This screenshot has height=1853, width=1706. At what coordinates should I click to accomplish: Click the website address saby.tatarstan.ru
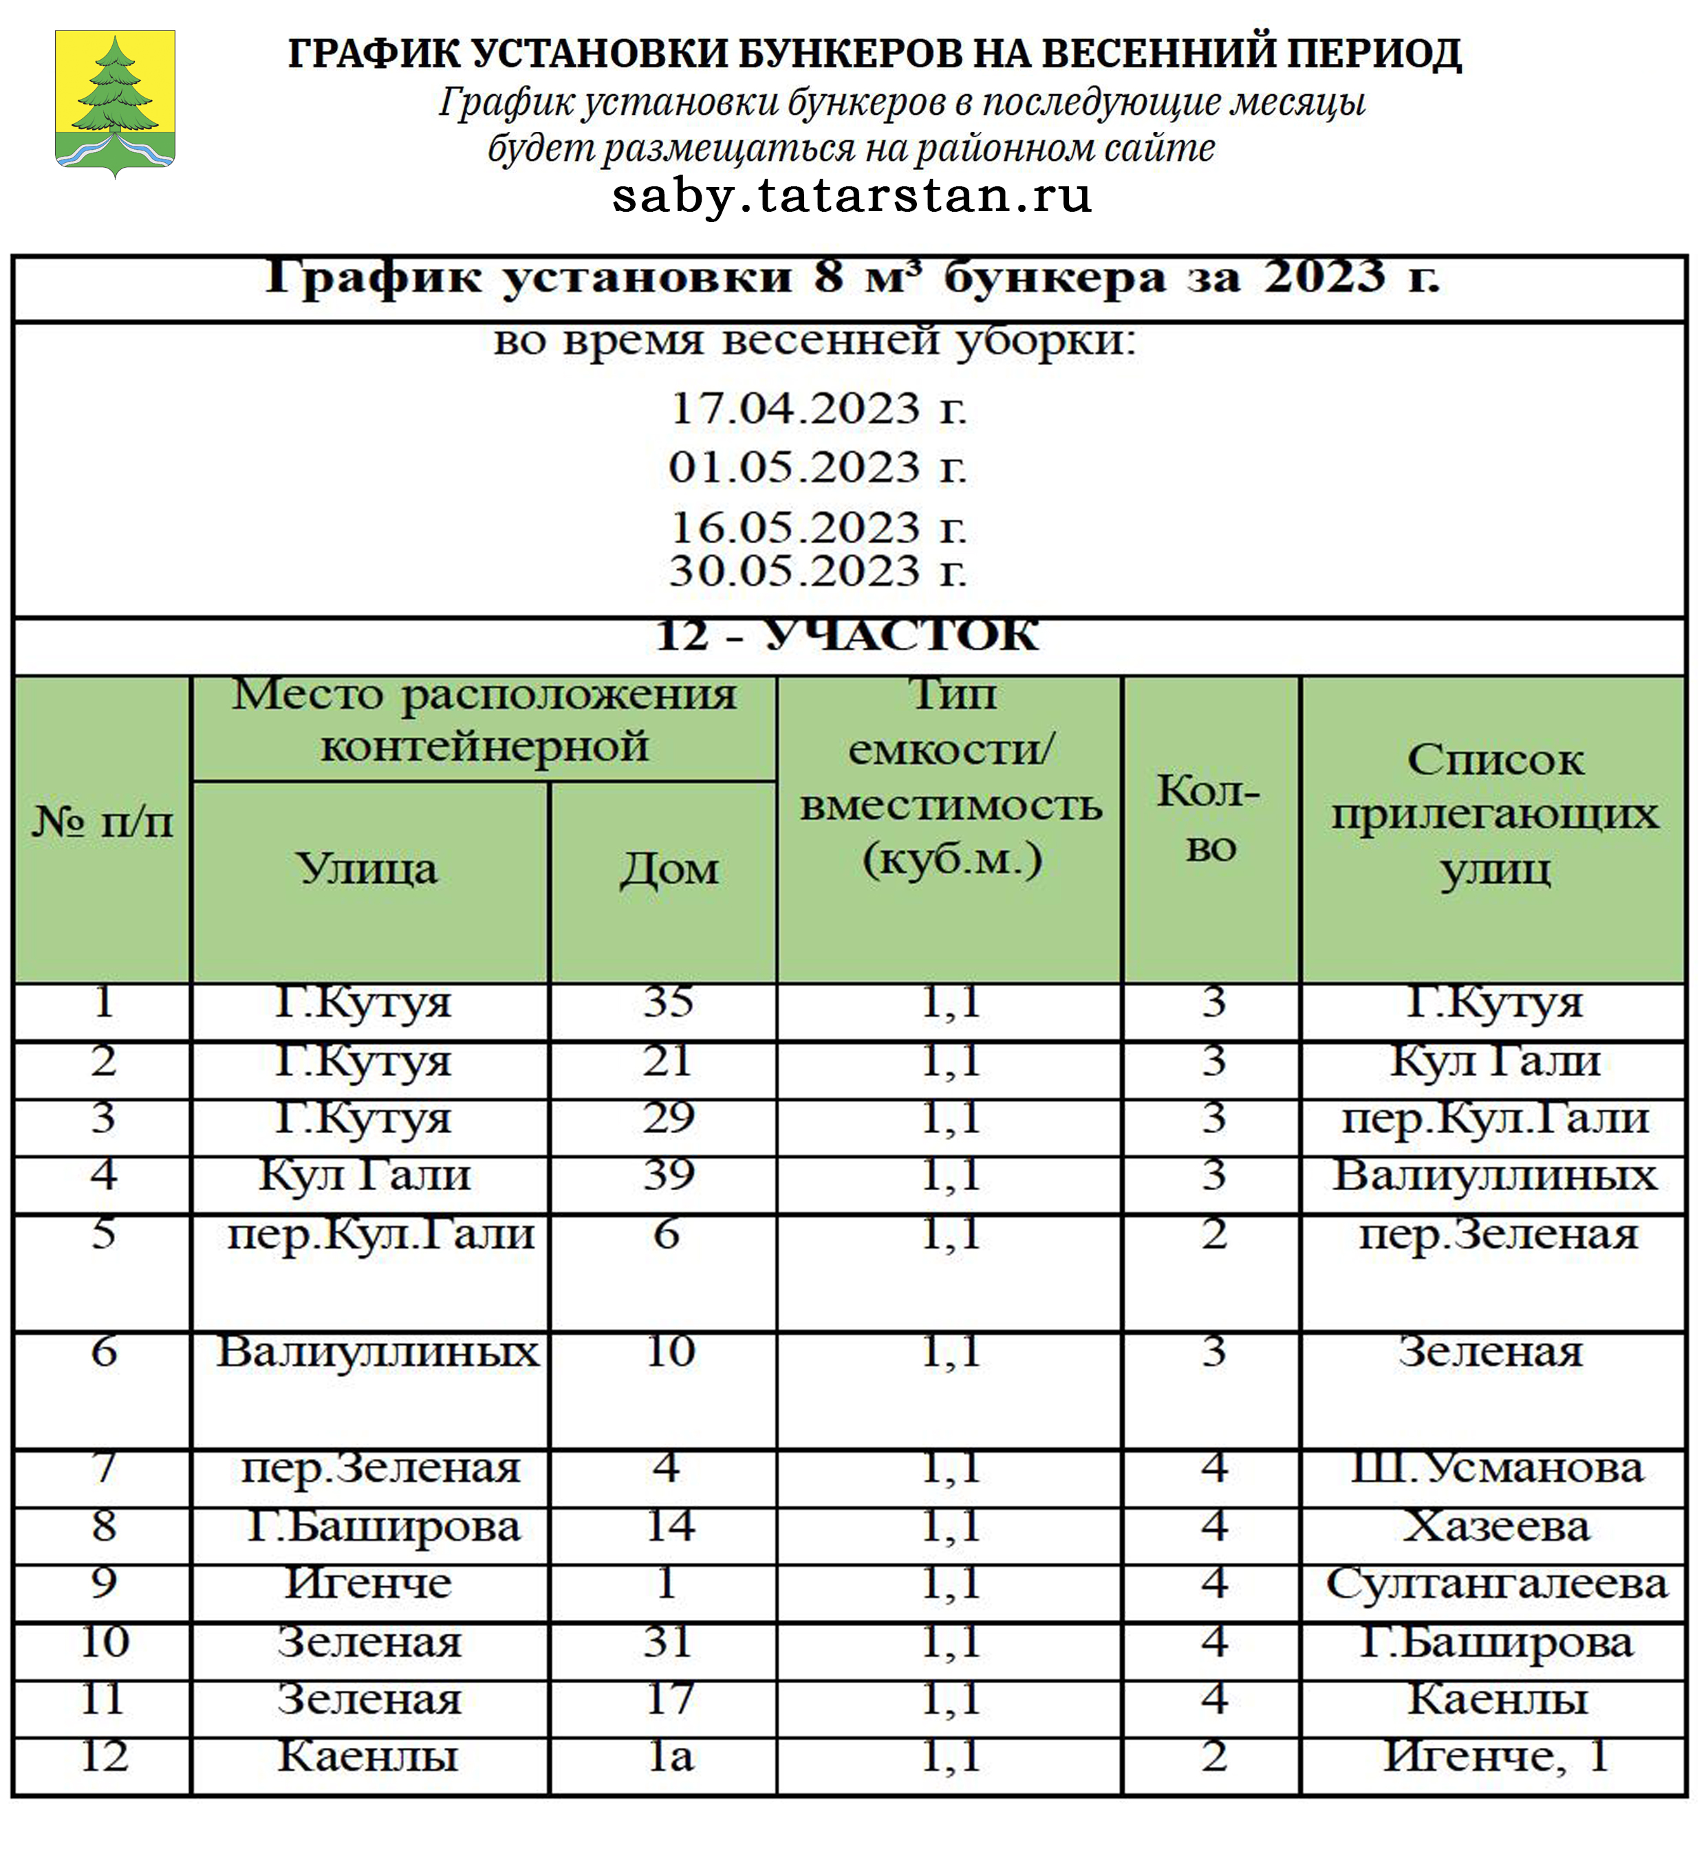pyautogui.click(x=851, y=196)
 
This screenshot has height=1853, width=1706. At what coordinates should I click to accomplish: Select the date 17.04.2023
pyautogui.click(x=818, y=408)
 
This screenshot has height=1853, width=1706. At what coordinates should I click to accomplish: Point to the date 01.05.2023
pyautogui.click(x=818, y=467)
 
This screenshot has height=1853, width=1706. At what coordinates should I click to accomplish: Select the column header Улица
pyautogui.click(x=367, y=869)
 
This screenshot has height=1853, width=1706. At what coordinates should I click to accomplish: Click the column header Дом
pyautogui.click(x=669, y=869)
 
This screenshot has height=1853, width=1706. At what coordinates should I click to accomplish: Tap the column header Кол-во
pyautogui.click(x=1209, y=818)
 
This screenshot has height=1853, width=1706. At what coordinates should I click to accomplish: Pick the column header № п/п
pyautogui.click(x=102, y=821)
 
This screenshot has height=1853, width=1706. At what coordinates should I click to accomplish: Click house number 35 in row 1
pyautogui.click(x=669, y=1002)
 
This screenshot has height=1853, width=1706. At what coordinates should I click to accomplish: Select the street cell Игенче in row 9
pyautogui.click(x=367, y=1583)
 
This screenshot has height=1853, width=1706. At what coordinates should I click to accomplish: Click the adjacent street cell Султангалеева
pyautogui.click(x=1496, y=1584)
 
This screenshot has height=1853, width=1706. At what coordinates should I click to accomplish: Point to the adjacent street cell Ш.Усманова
pyautogui.click(x=1496, y=1468)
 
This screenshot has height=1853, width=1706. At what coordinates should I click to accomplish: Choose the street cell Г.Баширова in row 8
pyautogui.click(x=383, y=1526)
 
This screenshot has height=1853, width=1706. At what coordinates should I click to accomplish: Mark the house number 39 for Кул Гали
pyautogui.click(x=669, y=1175)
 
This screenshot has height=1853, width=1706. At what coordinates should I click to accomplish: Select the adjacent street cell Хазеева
pyautogui.click(x=1496, y=1526)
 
